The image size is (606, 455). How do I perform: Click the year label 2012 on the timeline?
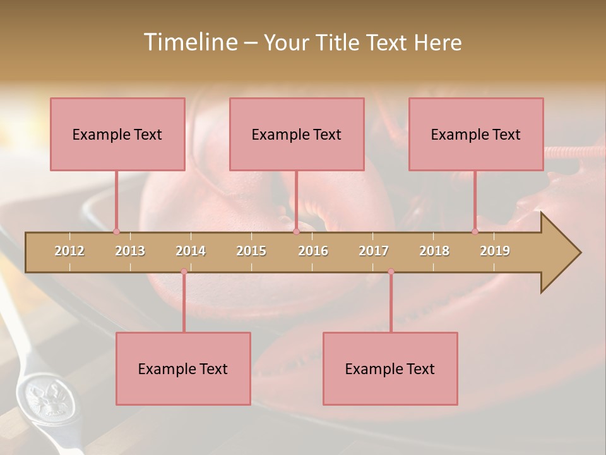[x=69, y=251]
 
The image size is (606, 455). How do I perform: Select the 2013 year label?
[x=130, y=251]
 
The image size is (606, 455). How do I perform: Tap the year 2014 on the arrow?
[x=191, y=251]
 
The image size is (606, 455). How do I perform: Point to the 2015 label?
[x=251, y=251]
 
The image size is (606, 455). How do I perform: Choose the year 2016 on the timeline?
[x=313, y=251]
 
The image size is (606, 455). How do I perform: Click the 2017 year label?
[x=374, y=251]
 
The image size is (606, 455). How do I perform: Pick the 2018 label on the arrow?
[x=434, y=251]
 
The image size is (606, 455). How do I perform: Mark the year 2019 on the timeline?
[x=495, y=251]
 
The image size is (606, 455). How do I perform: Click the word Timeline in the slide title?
[x=189, y=42]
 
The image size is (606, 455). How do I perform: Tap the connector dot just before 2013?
[x=116, y=231]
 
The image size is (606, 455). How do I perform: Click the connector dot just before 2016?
[x=296, y=231]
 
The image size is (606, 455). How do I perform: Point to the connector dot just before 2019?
[x=475, y=231]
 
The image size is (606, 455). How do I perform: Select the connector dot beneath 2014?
[x=184, y=272]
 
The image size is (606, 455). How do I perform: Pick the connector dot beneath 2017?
[x=391, y=272]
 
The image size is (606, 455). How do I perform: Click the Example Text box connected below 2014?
[x=183, y=368]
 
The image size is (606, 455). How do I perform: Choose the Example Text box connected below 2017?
[x=390, y=368]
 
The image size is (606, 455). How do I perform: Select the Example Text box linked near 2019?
[x=476, y=134]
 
